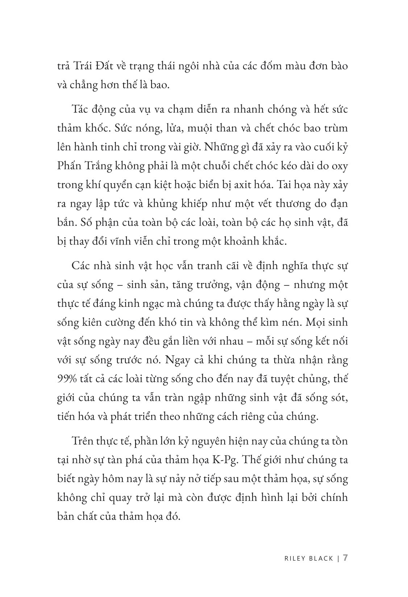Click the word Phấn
(70, 166)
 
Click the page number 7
(345, 557)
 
